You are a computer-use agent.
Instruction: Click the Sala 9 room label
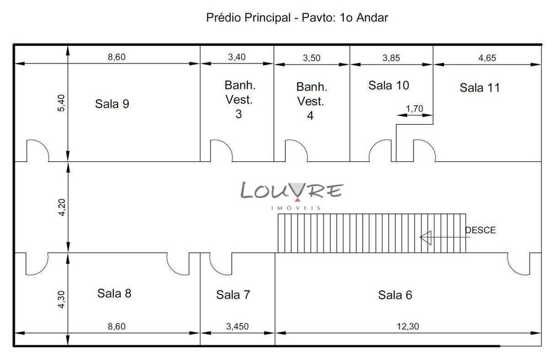click(x=112, y=104)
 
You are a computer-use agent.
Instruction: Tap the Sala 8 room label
click(x=114, y=293)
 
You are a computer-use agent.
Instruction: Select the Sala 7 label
click(x=233, y=295)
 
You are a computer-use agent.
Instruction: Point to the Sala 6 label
click(x=395, y=295)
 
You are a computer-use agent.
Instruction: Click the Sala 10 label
click(x=389, y=86)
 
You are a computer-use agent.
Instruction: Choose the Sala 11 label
click(x=480, y=87)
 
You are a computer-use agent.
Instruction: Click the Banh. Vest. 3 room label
click(x=238, y=100)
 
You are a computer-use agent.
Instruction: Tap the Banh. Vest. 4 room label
click(x=312, y=102)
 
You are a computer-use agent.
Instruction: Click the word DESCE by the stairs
click(x=480, y=230)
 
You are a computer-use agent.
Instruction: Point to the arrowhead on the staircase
click(x=426, y=238)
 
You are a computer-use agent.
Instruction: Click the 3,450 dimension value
click(x=237, y=326)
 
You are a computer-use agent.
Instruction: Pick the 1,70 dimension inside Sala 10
click(x=414, y=109)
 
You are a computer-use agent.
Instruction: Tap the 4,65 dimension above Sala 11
click(x=486, y=57)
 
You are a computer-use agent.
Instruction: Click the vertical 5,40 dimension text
click(x=61, y=103)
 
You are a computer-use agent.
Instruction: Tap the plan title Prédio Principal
click(x=297, y=18)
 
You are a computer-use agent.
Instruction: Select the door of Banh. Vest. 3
click(x=220, y=150)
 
